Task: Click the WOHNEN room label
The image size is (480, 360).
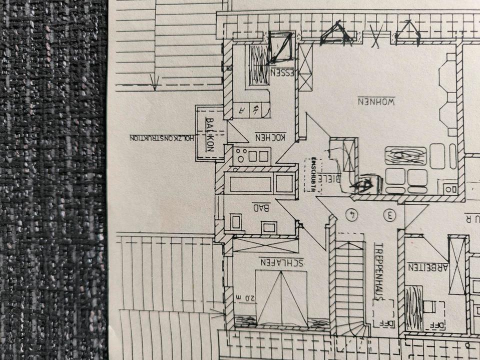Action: click(x=376, y=100)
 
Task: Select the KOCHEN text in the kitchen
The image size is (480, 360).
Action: click(x=270, y=136)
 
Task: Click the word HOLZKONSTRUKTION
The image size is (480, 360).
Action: click(x=160, y=138)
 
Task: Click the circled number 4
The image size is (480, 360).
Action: click(x=353, y=215)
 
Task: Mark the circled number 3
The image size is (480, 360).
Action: click(x=389, y=215)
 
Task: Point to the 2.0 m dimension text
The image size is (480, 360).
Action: click(x=246, y=298)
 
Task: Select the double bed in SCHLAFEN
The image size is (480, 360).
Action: click(x=281, y=298)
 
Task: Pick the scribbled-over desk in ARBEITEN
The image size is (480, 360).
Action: click(x=413, y=301)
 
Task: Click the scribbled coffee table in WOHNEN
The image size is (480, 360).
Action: click(x=405, y=155)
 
